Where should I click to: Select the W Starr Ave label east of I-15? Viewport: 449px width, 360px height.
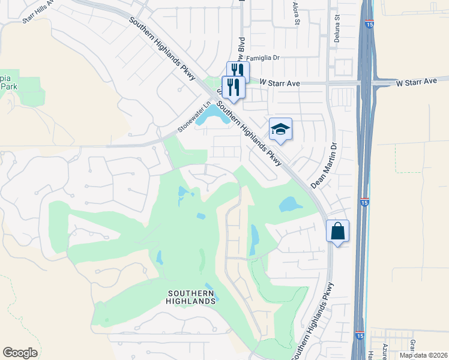pos(417,81)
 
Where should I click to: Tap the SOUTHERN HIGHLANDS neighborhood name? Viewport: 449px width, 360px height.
pos(187,296)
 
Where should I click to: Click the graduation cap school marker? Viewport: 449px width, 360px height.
pos(280,130)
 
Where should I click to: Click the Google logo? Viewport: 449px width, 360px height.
pos(20,353)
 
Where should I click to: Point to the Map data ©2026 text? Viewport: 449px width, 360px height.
pos(423,355)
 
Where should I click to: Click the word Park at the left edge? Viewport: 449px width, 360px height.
pos(8,86)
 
